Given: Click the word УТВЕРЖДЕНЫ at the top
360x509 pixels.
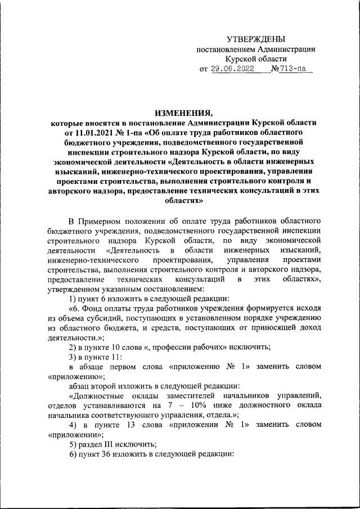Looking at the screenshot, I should (255, 39).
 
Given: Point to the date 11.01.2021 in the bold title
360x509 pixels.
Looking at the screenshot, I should (85, 133).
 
